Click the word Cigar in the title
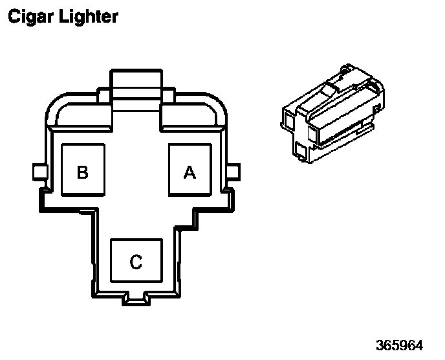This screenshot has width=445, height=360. tap(28, 16)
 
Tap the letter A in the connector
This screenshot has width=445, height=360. tap(189, 172)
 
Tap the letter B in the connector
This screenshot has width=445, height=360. tap(82, 172)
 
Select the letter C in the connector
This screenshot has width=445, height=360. tap(136, 262)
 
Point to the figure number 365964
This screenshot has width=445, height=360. tap(406, 343)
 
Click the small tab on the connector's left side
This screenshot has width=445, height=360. tap(38, 172)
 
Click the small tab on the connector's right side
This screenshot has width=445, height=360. tap(234, 172)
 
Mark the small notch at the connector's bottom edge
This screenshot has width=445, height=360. tap(136, 298)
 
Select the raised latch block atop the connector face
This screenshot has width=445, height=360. tap(135, 84)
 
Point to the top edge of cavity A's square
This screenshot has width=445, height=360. tap(190, 144)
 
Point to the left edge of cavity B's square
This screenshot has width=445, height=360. tap(61, 170)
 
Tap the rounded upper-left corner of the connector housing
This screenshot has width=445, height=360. tap(52, 111)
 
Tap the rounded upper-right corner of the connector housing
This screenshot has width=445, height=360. tap(220, 111)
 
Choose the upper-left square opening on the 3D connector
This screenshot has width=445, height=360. tap(288, 118)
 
